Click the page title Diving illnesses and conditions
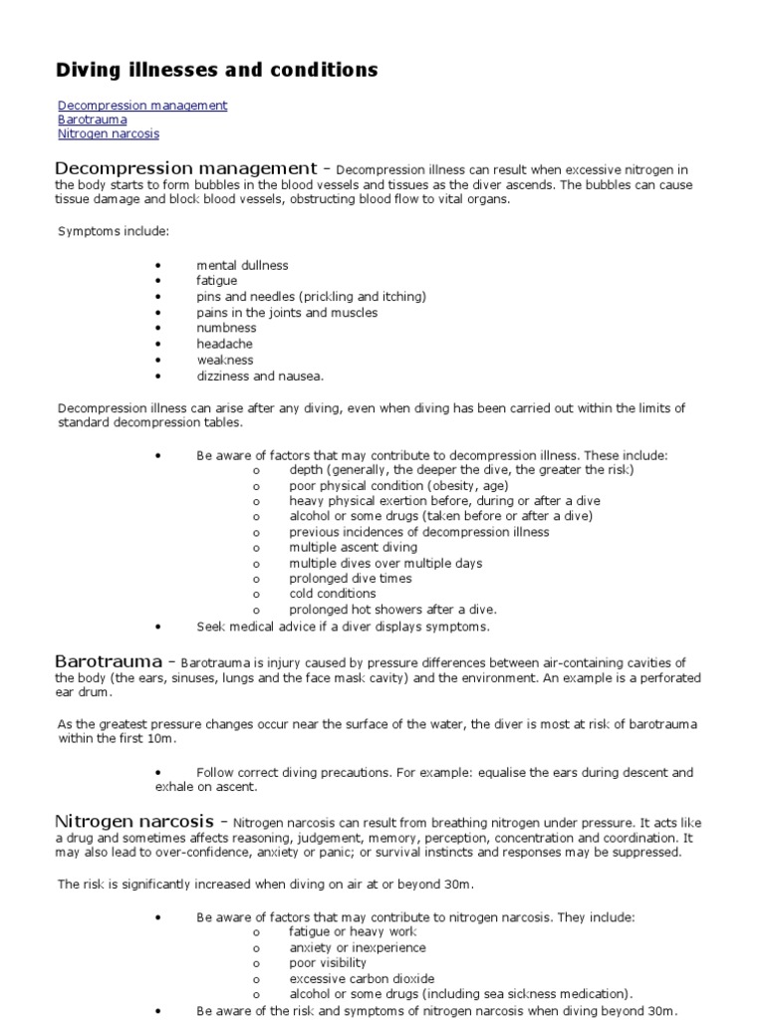pos(216,70)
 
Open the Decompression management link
pos(142,105)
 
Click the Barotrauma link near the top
pos(93,120)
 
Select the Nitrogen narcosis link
pos(108,133)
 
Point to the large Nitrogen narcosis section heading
pos(133,821)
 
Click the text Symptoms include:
pos(113,231)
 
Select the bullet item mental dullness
pos(242,266)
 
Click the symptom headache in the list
pos(225,344)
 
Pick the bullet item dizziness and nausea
pos(260,376)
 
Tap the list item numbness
pos(226,328)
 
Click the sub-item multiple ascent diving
pos(354,547)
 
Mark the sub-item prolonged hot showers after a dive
pos(392,610)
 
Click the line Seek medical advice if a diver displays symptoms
pos(343,627)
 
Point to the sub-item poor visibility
pos(328,963)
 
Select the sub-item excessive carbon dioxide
pos(362,979)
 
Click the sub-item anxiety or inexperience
pos(358,948)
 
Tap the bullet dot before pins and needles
pos(158,297)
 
